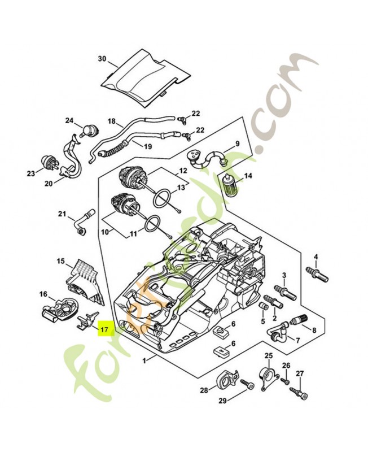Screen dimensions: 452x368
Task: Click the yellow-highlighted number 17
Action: (105, 328)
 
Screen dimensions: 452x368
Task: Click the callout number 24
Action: (69, 120)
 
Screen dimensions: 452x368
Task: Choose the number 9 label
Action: (238, 144)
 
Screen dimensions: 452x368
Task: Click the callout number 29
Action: (222, 401)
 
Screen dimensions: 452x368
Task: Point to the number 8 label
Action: (314, 330)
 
